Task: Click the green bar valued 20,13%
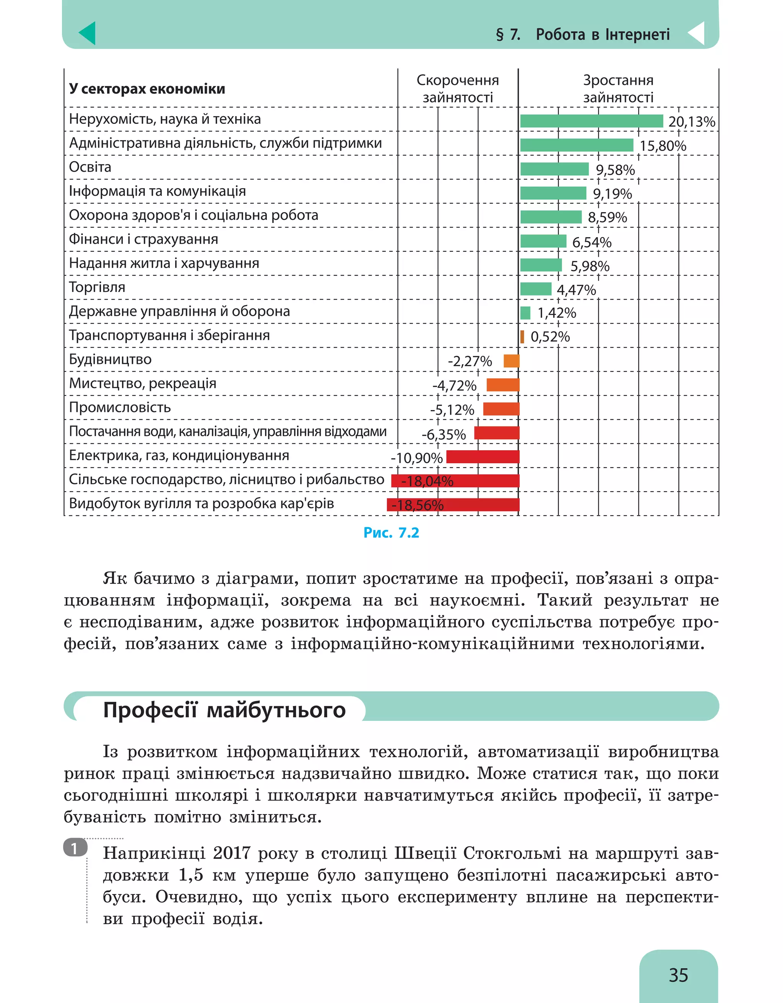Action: point(591,121)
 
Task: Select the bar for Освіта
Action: point(554,169)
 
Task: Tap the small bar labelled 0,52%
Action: point(522,337)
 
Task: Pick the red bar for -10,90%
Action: point(482,456)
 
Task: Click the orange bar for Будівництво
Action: point(511,361)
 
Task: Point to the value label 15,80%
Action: point(662,146)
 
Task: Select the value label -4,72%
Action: point(454,385)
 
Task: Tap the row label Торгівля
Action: point(97,287)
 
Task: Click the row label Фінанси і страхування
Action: point(143,239)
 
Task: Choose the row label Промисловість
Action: point(120,407)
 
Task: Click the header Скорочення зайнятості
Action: point(457,89)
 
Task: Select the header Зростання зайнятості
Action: point(618,89)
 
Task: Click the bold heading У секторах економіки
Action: point(147,89)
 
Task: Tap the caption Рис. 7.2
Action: point(391,533)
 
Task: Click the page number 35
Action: point(678,975)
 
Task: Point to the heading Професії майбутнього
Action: point(224,710)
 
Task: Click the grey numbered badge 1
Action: point(75,847)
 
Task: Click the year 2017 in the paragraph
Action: point(231,853)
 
